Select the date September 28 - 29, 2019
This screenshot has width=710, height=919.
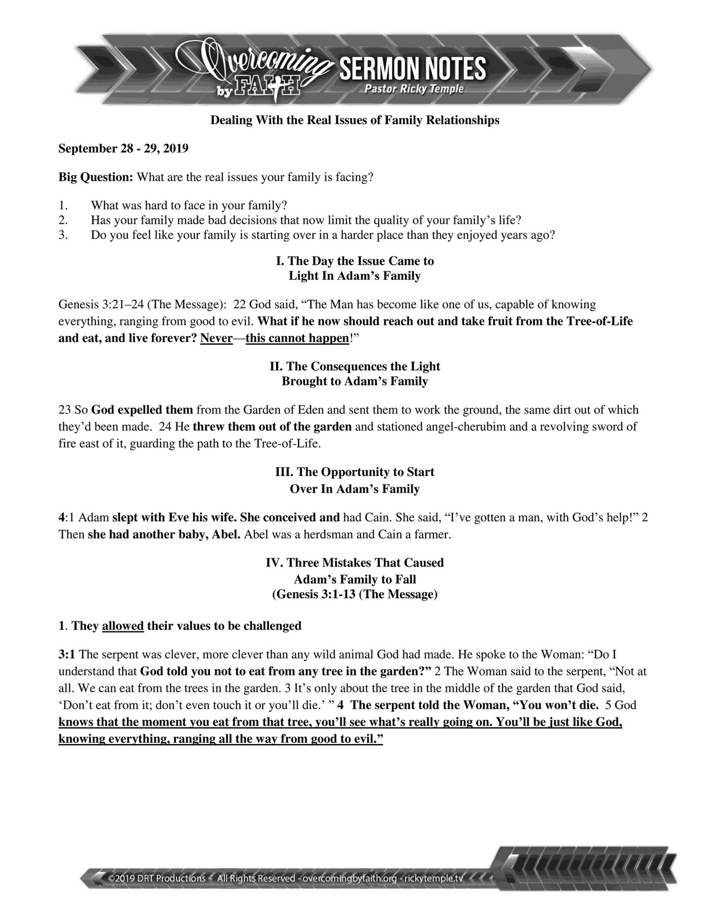(x=124, y=149)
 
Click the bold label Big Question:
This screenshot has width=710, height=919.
(x=96, y=177)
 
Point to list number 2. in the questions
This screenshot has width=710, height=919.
(x=63, y=220)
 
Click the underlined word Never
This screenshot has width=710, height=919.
(x=216, y=338)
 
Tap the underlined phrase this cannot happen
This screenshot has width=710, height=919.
(x=297, y=338)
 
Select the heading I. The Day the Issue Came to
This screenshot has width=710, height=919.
(x=355, y=261)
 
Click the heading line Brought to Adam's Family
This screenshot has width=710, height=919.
(x=355, y=381)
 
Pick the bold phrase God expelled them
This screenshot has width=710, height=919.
(x=142, y=410)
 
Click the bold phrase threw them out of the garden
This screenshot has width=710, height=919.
(x=272, y=426)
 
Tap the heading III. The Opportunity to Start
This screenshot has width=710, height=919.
(x=355, y=472)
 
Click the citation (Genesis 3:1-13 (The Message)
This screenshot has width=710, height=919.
(x=355, y=594)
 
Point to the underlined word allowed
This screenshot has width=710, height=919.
(x=123, y=626)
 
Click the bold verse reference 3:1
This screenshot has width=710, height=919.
(x=67, y=655)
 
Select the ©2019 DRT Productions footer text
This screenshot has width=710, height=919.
(x=157, y=878)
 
